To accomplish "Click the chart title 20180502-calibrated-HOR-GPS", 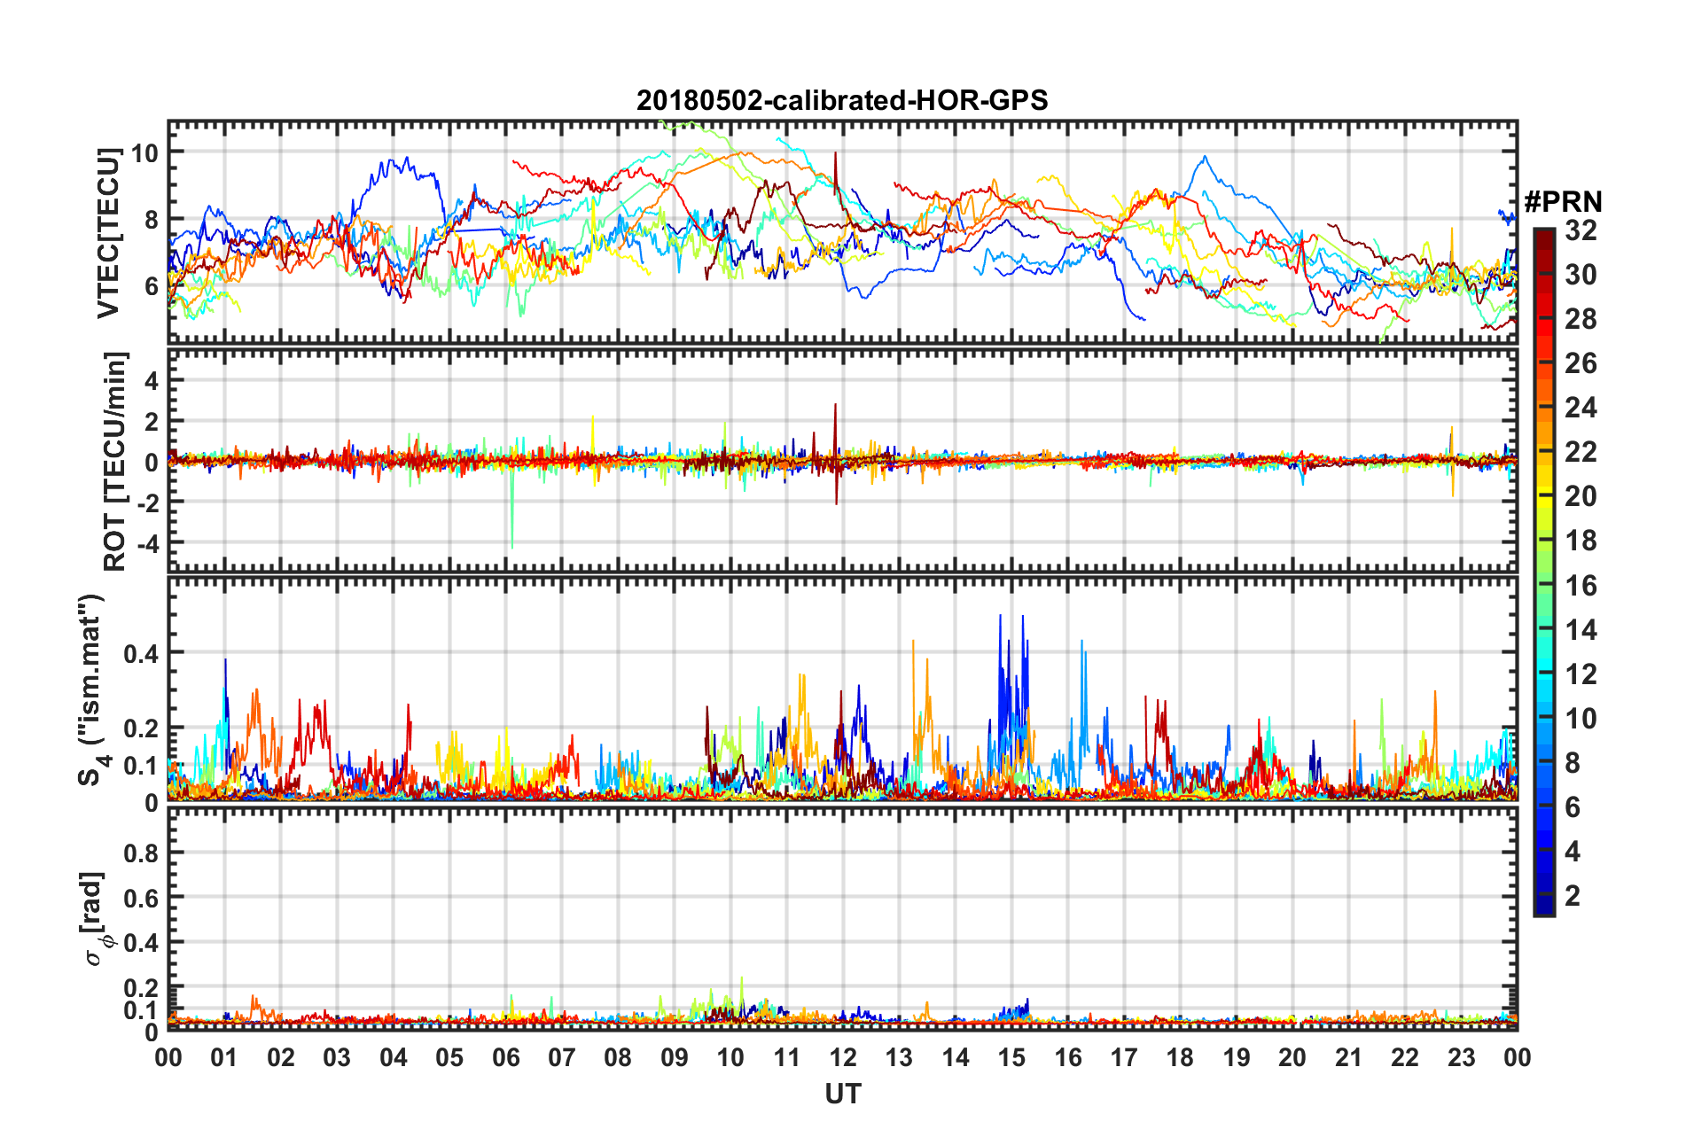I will coord(842,100).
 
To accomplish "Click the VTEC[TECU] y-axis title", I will coord(109,233).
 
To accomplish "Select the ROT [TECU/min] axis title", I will coord(115,461).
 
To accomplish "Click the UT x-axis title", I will coord(842,1094).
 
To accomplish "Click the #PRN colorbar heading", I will coord(1563,202).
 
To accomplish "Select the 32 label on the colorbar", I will coord(1581,230).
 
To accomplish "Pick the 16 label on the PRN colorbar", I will coord(1581,585).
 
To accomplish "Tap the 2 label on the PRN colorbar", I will coord(1573,895).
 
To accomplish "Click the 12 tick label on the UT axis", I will coord(843,1057).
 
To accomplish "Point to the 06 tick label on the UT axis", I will coord(506,1057).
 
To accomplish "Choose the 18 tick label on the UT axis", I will coord(1180,1057).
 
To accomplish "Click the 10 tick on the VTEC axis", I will coord(144,152).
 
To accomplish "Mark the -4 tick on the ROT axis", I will coord(144,541).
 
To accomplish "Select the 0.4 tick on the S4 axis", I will coord(141,653).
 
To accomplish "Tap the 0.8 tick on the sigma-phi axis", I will coord(141,853).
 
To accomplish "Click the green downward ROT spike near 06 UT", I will coord(511,532).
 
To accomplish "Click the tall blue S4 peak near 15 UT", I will coord(1001,620).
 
